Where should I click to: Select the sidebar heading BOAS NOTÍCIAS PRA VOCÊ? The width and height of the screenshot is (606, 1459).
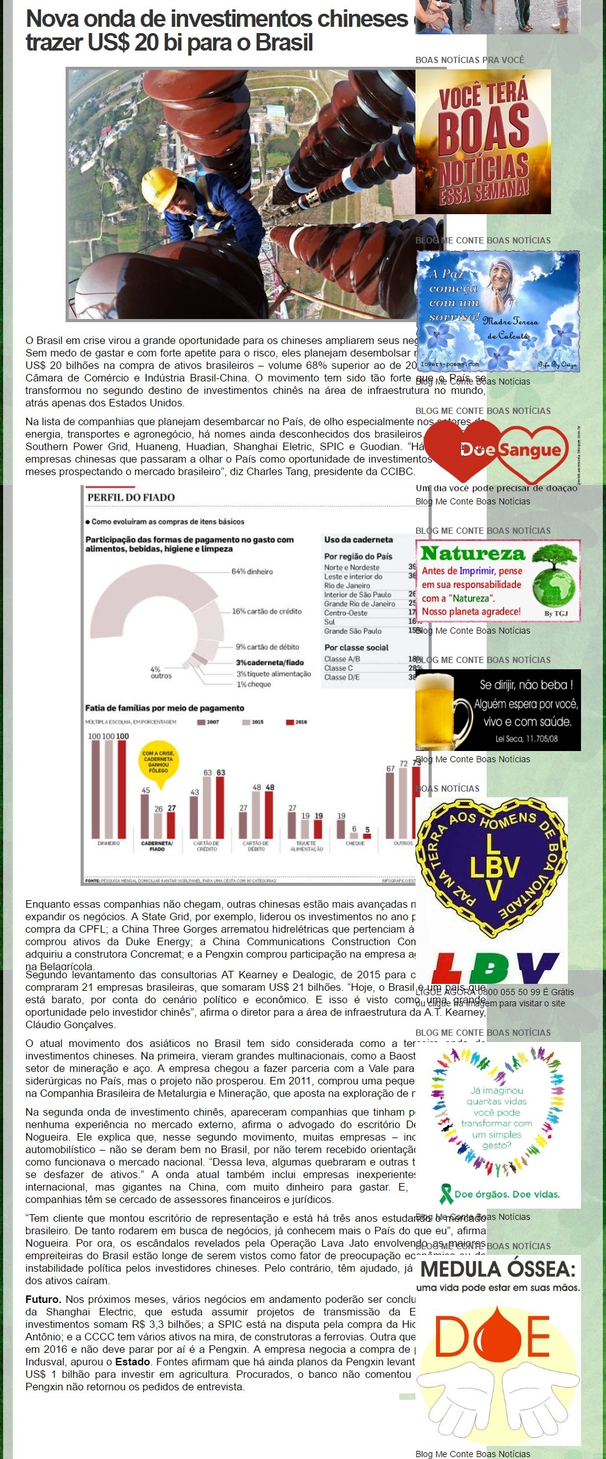(470, 60)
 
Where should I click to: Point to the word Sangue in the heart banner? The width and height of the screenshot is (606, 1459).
(530, 449)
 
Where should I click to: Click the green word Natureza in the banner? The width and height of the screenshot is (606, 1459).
(473, 553)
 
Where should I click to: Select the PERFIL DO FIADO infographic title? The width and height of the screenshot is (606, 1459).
(131, 497)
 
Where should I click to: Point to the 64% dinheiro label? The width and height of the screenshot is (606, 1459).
(252, 571)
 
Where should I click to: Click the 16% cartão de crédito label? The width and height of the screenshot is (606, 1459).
(267, 611)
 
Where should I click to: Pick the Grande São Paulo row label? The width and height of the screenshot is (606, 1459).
(352, 631)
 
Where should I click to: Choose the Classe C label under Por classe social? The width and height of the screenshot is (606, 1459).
(339, 668)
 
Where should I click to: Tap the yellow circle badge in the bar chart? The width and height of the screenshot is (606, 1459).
(158, 762)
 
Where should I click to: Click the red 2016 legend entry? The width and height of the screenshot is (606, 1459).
(297, 722)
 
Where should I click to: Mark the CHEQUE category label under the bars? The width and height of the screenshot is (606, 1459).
(355, 843)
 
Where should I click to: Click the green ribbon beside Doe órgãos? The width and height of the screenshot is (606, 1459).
(446, 1193)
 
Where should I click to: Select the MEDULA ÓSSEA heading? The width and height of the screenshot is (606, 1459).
(498, 1269)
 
